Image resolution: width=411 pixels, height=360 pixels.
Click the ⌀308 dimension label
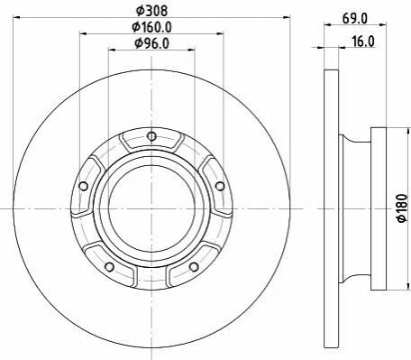(x=151, y=11)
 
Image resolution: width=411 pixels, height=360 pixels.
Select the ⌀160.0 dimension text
(x=152, y=27)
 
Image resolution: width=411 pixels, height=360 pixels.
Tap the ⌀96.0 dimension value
(x=152, y=43)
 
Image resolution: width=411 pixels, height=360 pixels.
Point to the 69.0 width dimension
(x=355, y=19)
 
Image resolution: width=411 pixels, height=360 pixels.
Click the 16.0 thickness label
(x=363, y=42)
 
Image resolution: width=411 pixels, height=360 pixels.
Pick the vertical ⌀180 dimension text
(x=402, y=208)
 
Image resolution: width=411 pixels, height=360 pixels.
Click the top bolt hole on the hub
(x=152, y=136)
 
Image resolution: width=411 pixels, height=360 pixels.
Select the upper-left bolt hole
(x=84, y=186)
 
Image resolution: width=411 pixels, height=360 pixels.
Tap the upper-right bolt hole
(x=220, y=186)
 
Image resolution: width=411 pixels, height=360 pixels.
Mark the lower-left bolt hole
(x=110, y=266)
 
